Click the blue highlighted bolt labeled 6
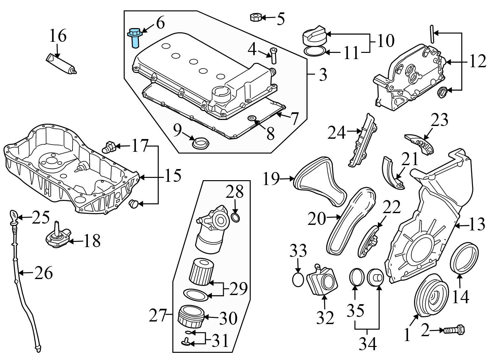coord(134,37)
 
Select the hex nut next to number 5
coord(255,17)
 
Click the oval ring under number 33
coord(298,280)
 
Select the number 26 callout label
coord(43,273)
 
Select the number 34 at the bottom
coord(368,344)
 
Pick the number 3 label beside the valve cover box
coord(322,75)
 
